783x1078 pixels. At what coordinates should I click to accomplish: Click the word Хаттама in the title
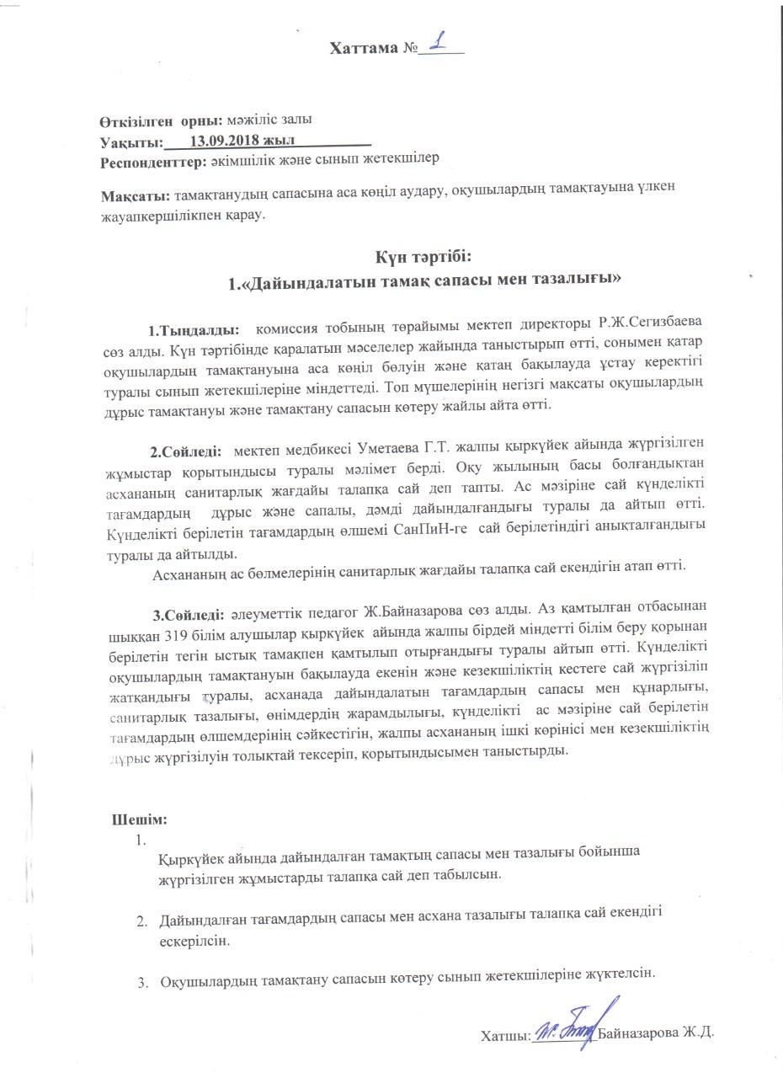coord(364,48)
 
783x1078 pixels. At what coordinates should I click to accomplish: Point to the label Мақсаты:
coord(135,195)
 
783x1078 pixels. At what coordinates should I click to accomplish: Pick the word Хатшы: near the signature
coord(505,1034)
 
